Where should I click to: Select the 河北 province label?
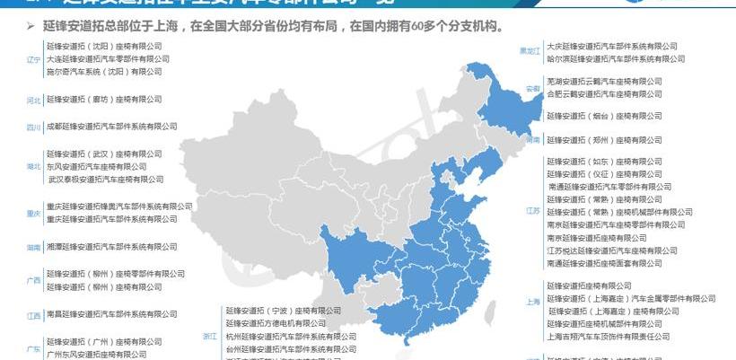34,100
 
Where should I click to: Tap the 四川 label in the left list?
34,127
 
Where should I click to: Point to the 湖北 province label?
34,167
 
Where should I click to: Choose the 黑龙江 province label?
530,52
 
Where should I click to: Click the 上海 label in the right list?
533,303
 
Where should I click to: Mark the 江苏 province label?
533,212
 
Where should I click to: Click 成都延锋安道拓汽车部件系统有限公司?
105,127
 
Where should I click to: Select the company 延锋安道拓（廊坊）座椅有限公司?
103,99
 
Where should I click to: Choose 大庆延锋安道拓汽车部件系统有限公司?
612,45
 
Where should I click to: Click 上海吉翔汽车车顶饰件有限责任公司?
608,336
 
